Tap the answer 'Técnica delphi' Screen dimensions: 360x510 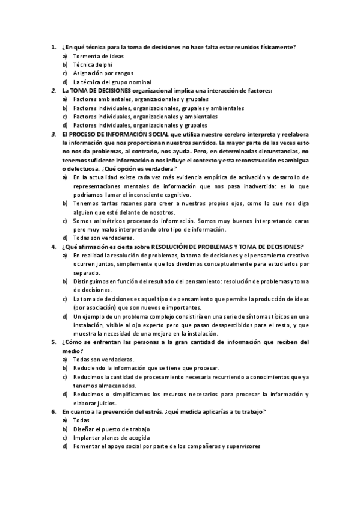click(x=93, y=64)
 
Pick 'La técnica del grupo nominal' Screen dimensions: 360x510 click(x=111, y=82)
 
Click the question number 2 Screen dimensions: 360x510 click(x=53, y=91)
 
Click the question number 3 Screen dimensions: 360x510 click(x=53, y=134)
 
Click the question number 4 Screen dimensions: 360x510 click(x=53, y=247)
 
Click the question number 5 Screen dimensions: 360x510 click(x=53, y=342)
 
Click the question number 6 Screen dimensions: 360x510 click(x=53, y=411)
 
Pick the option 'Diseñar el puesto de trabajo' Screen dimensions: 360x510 click(x=111, y=429)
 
